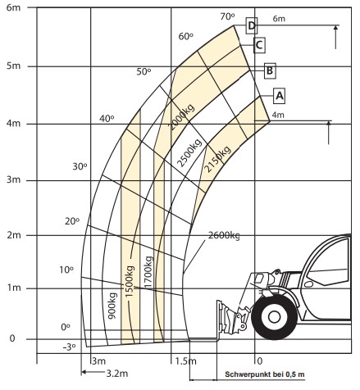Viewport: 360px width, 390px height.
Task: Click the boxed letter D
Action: click(252, 25)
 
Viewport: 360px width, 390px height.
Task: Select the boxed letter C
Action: click(259, 44)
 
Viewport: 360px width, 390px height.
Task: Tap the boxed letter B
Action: click(270, 70)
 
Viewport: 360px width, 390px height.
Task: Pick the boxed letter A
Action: click(279, 96)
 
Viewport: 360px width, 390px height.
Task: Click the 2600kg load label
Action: click(224, 235)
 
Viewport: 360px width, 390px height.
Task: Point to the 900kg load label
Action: click(112, 306)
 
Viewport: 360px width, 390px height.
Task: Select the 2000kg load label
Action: click(182, 116)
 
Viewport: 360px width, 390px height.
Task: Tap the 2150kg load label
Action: click(217, 159)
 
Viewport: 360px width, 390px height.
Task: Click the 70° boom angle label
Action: click(227, 16)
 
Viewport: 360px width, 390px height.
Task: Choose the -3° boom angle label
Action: click(69, 347)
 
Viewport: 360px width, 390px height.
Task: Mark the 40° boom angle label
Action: click(107, 119)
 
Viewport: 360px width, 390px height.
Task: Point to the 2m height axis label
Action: click(14, 235)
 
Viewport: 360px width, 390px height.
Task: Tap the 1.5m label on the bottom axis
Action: click(185, 361)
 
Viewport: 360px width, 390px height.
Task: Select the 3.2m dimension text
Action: click(117, 373)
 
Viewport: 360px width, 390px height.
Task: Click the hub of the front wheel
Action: click(274, 317)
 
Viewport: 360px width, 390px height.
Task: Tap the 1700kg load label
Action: click(148, 272)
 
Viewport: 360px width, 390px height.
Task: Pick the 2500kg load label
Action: click(189, 152)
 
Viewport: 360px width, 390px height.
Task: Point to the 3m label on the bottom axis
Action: click(98, 361)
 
